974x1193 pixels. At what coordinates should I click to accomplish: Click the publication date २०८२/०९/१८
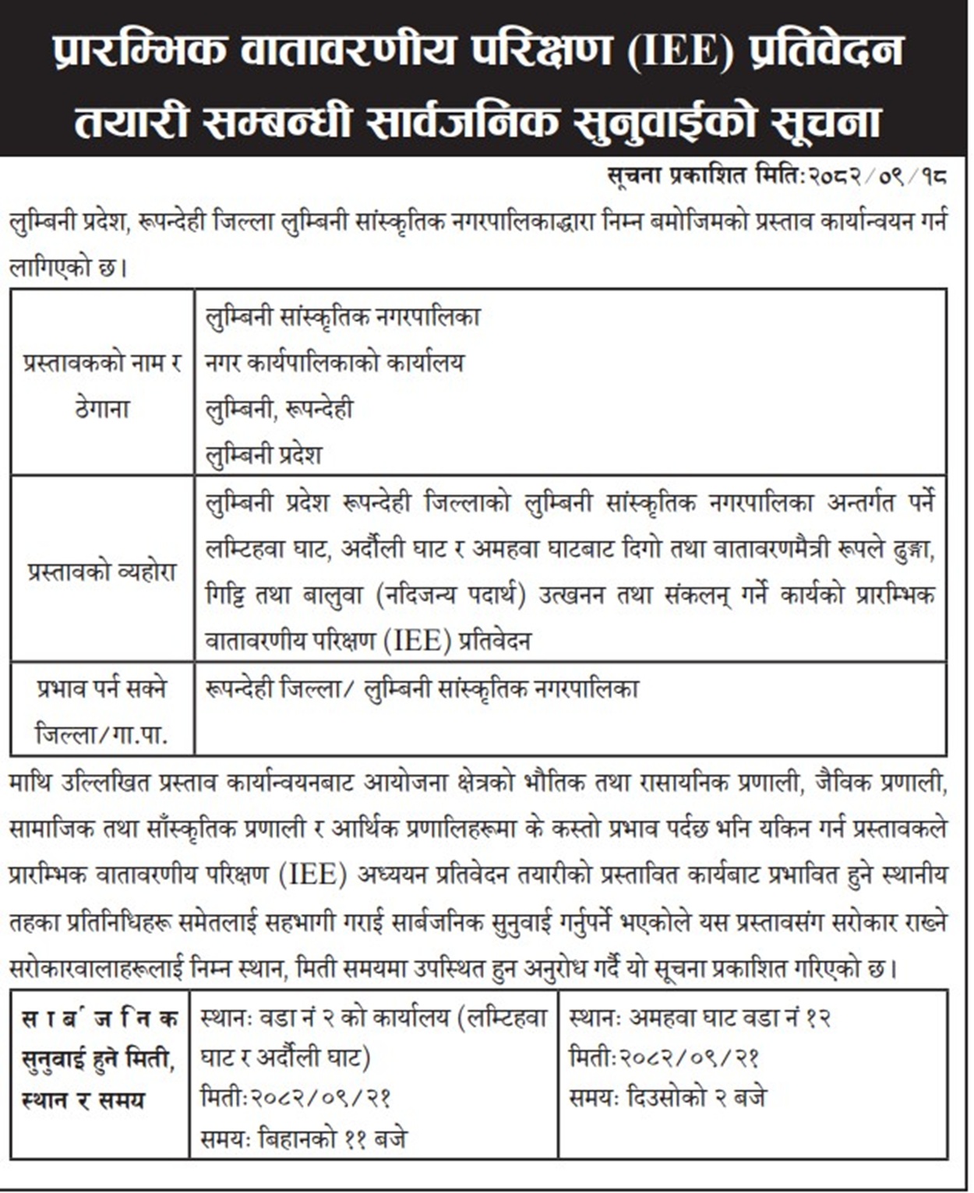[x=877, y=177]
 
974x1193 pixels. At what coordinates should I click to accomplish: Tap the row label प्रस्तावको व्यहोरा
[x=102, y=572]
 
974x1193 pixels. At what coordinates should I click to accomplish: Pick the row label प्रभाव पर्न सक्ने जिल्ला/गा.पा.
[x=102, y=710]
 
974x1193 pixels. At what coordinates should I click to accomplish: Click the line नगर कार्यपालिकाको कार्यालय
[x=334, y=363]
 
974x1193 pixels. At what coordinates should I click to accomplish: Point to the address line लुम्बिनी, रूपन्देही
[x=279, y=409]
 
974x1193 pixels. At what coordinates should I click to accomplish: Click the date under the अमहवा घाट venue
[x=665, y=1058]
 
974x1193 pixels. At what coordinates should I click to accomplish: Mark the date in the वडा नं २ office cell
[x=295, y=1098]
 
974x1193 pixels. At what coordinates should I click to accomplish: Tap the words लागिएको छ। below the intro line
[x=67, y=269]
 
